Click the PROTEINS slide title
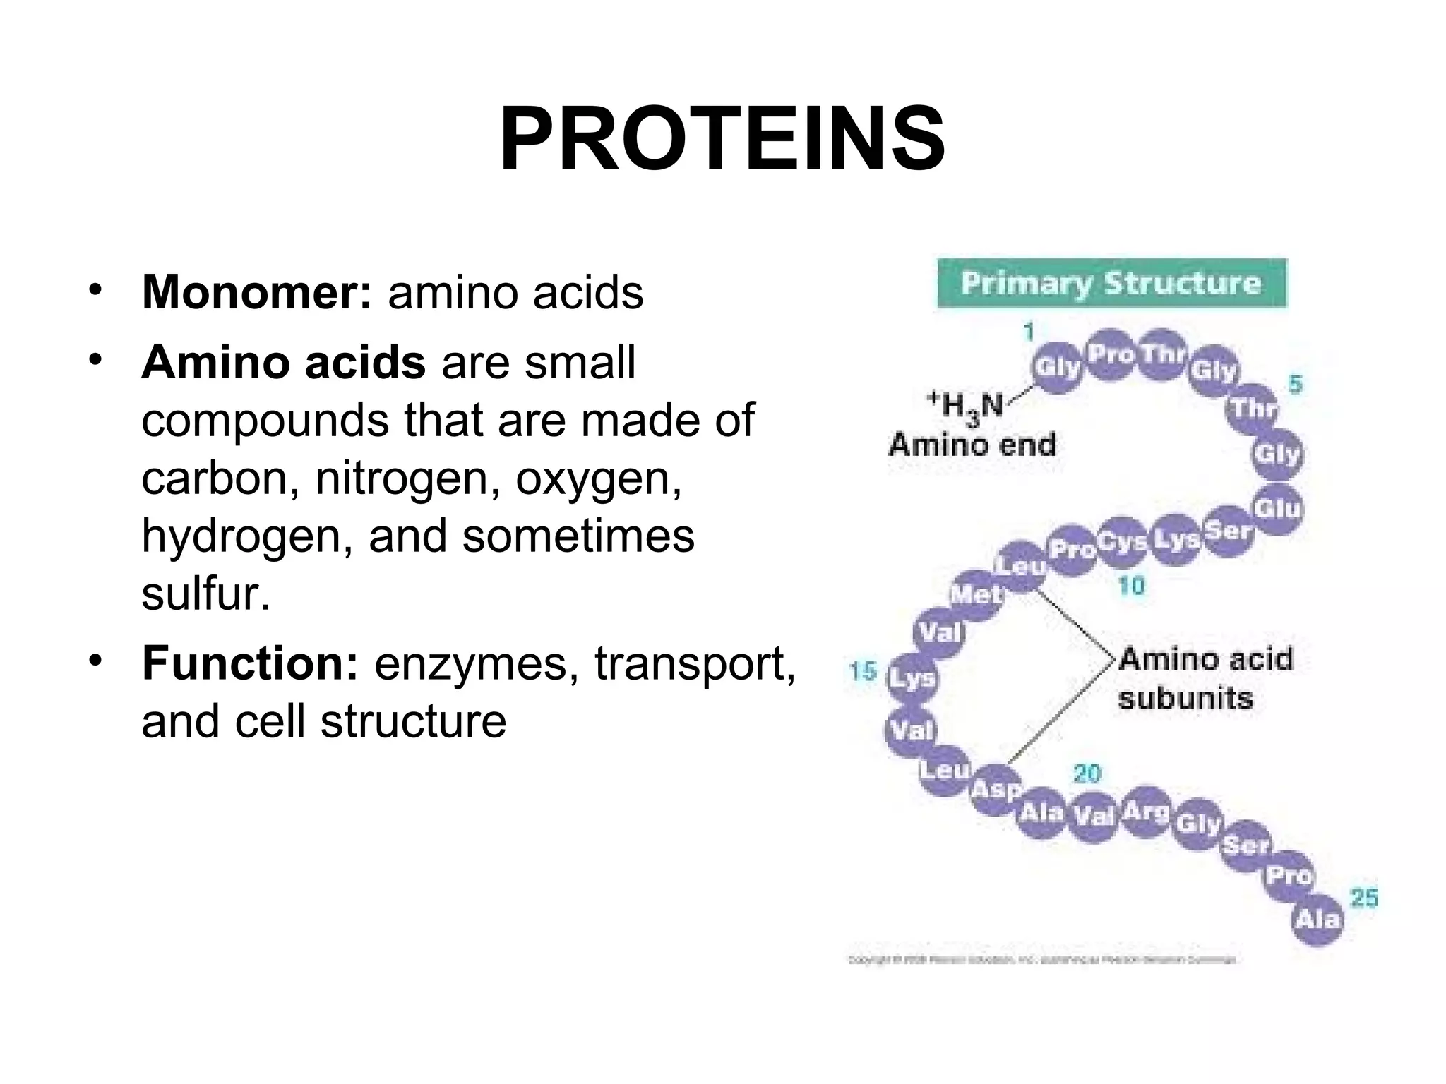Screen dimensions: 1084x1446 [x=722, y=139]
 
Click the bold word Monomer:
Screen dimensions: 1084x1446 [x=256, y=291]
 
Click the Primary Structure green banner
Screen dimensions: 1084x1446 [x=1111, y=284]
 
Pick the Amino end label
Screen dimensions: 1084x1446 [x=972, y=445]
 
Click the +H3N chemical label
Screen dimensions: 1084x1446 [x=965, y=406]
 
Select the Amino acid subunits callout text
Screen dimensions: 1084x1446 [x=1205, y=678]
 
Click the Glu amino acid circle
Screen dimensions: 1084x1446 [x=1277, y=508]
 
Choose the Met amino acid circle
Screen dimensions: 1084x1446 [x=975, y=595]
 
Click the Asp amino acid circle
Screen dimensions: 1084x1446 [x=996, y=789]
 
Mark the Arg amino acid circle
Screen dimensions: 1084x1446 [x=1145, y=812]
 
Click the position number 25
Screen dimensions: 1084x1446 [x=1364, y=898]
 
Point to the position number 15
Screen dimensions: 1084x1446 [x=862, y=671]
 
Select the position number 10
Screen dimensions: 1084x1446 [x=1130, y=586]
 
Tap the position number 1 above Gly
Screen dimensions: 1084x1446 [x=1028, y=332]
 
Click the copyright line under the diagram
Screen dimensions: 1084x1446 [x=1041, y=960]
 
